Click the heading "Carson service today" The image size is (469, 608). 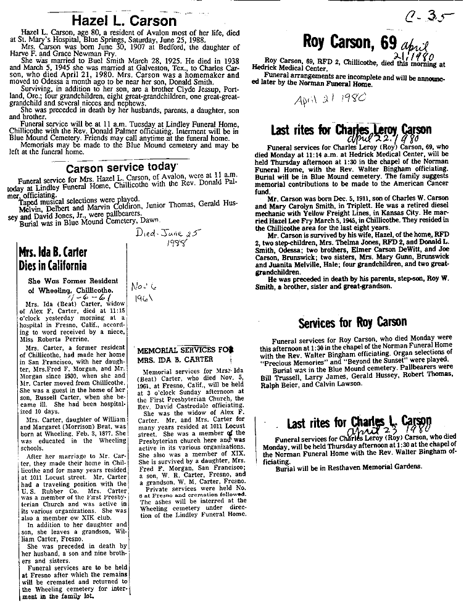(x=122, y=168)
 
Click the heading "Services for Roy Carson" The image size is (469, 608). (x=352, y=322)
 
